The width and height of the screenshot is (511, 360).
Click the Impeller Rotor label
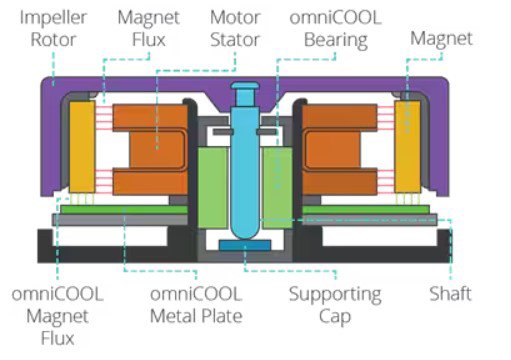point(51,29)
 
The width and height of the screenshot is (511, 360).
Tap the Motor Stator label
point(235,29)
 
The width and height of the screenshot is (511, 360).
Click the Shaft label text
point(450,295)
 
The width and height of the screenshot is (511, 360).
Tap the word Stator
point(235,41)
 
